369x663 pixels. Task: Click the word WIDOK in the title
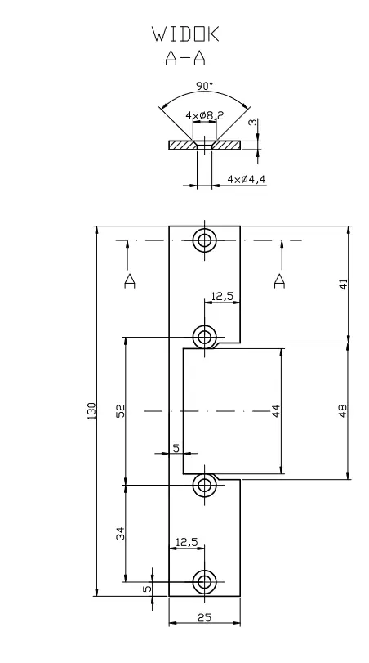186,34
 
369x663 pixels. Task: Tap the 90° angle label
204,86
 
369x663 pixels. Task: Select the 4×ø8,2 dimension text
205,115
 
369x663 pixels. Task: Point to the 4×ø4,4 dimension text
247,179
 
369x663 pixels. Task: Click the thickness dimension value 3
252,122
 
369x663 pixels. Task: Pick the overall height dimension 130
91,411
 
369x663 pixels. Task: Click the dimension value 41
343,284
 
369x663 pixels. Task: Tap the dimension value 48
343,410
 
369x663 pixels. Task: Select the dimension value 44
275,410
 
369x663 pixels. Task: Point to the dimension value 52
120,410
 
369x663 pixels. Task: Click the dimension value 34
120,533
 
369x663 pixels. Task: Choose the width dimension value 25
204,617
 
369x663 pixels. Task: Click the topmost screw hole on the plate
205,240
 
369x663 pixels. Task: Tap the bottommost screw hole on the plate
205,582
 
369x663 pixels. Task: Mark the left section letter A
130,280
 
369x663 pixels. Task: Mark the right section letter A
279,280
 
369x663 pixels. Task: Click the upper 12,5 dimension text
223,296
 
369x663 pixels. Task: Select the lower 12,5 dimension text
187,542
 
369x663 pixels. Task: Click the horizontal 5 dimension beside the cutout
176,448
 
